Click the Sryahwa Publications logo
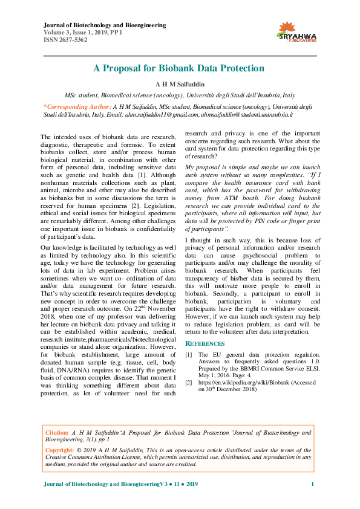296,31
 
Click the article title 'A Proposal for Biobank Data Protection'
179,68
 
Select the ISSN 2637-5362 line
65,40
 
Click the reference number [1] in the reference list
189,354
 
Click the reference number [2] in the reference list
189,383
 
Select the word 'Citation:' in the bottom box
58,433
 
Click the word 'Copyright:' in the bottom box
61,450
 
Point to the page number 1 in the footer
312,485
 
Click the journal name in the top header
105,25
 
